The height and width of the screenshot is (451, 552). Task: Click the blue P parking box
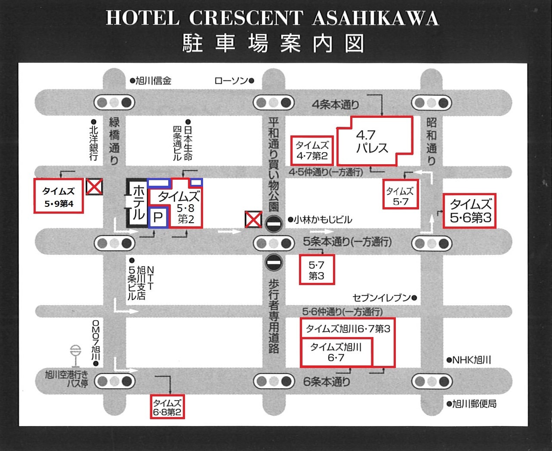[x=157, y=218]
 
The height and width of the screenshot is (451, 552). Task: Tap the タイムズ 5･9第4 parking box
[x=59, y=196]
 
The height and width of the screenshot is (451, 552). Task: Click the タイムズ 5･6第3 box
[x=470, y=211]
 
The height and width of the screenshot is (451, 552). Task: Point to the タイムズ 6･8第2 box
[x=167, y=407]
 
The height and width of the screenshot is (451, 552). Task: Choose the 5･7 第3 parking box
[x=317, y=270]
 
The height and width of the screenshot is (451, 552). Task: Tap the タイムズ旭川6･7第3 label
[x=348, y=329]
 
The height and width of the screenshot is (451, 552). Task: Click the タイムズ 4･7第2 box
[x=312, y=150]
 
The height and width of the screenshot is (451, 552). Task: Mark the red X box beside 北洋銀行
[x=94, y=187]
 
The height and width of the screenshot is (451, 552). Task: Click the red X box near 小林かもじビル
[x=253, y=219]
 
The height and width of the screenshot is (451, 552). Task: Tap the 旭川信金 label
[x=153, y=80]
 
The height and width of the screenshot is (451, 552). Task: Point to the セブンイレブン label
[x=382, y=298]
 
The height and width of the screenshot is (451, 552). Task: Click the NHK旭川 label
[x=472, y=360]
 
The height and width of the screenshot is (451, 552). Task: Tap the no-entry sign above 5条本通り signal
[x=274, y=224]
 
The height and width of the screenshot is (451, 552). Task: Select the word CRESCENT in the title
[x=246, y=18]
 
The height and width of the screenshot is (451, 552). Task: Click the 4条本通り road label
[x=336, y=104]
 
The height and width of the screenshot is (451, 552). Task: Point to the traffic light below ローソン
[x=274, y=103]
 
